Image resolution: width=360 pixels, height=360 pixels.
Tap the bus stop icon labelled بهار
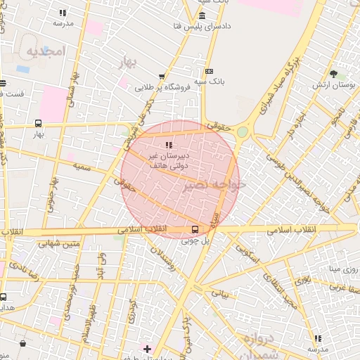pyautogui.click(x=38, y=123)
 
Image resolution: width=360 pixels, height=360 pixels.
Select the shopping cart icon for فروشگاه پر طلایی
pyautogui.click(x=162, y=77)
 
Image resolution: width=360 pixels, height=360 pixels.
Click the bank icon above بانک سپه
pyautogui.click(x=208, y=71)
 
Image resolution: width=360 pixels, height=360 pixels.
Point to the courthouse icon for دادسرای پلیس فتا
pyautogui.click(x=202, y=16)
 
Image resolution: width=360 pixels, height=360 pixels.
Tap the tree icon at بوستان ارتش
pyautogui.click(x=333, y=73)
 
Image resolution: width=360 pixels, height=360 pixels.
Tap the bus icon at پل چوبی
pyautogui.click(x=195, y=229)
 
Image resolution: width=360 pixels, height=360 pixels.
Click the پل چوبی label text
pyautogui.click(x=196, y=240)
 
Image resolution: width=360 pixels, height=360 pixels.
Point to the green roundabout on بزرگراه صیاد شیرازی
pyautogui.click(x=243, y=131)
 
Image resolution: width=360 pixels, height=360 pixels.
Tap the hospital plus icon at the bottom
pyautogui.click(x=146, y=349)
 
